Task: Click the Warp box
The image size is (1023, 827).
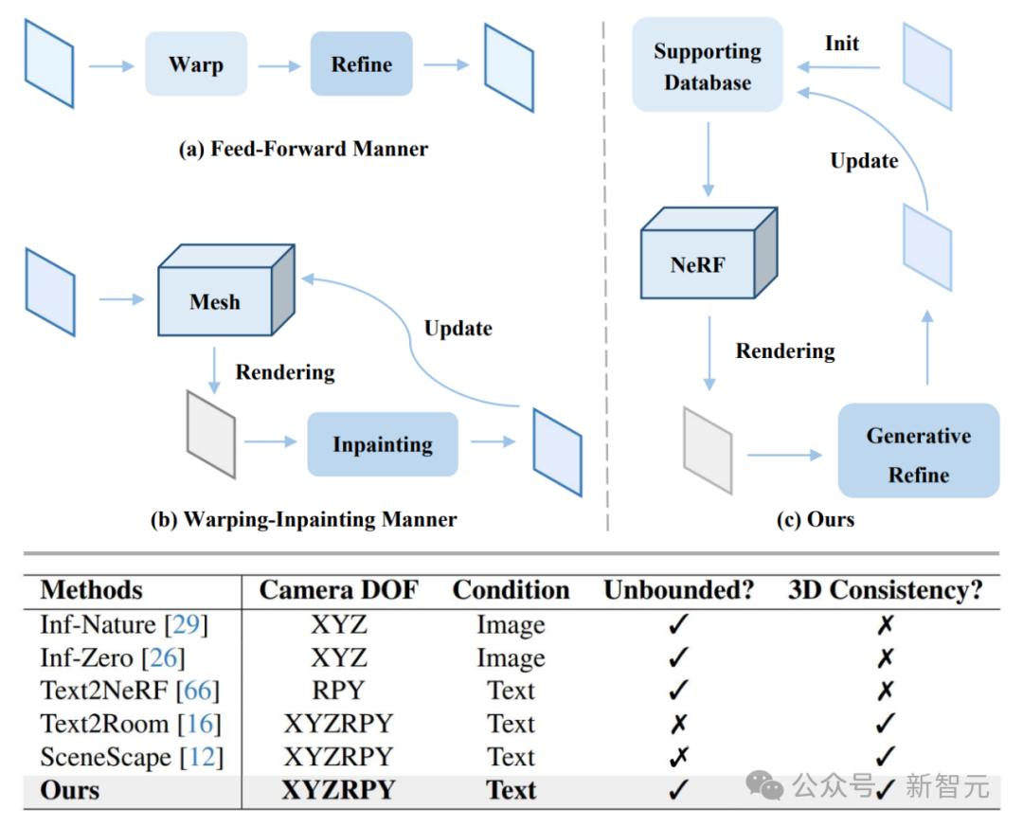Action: [x=196, y=64]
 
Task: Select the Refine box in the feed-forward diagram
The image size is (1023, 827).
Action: [x=361, y=64]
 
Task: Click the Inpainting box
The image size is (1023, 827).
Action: [x=382, y=444]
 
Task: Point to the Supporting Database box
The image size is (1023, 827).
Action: [x=707, y=66]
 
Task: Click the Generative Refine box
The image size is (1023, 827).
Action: [x=918, y=455]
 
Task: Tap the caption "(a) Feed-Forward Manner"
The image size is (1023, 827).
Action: [x=303, y=149]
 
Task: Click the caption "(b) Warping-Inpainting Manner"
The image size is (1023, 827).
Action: [x=304, y=519]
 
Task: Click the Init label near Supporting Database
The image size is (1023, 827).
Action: [x=842, y=44]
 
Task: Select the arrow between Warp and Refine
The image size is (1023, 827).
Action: [x=278, y=65]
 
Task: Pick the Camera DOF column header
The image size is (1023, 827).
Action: [x=338, y=590]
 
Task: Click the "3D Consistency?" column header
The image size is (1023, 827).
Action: [x=885, y=590]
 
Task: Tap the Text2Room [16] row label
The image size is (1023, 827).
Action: [x=130, y=724]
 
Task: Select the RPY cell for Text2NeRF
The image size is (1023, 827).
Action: [x=338, y=691]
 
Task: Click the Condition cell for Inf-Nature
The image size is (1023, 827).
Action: [x=511, y=625]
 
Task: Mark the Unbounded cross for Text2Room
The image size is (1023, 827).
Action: [x=678, y=724]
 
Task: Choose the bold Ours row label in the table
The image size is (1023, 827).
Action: [x=70, y=790]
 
